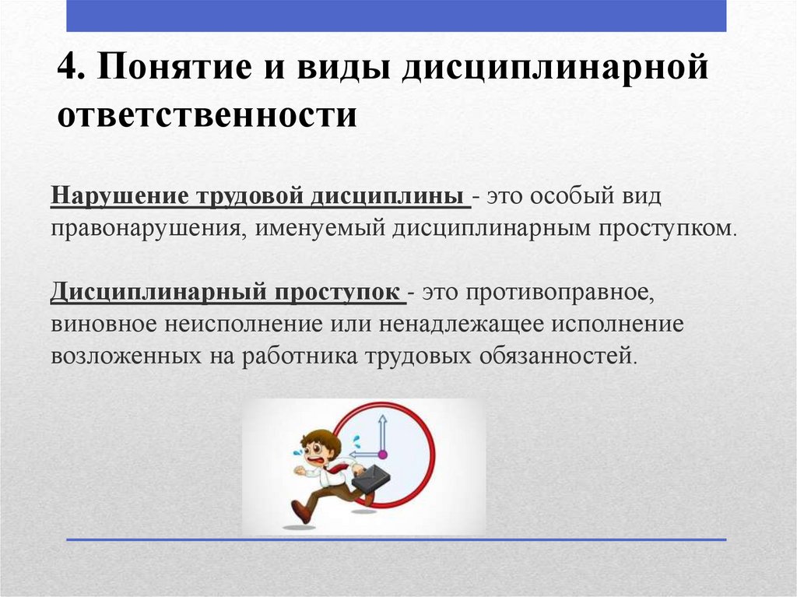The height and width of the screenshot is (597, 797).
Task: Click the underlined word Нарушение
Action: coord(119,197)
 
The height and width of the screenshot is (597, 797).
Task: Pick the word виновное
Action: coord(104,325)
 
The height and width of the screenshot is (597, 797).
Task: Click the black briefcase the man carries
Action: coord(370,477)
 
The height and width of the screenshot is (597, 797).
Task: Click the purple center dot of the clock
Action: coord(382,455)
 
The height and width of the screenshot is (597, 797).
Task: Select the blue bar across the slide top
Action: coord(396,16)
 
